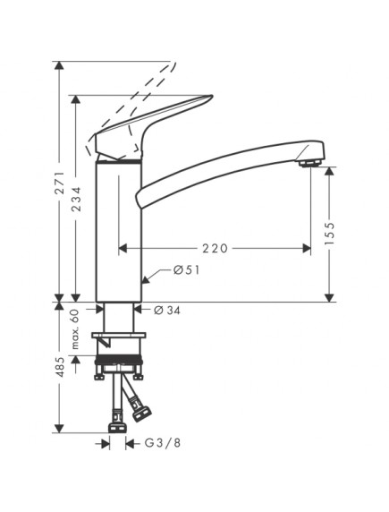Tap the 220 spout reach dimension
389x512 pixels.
click(215, 248)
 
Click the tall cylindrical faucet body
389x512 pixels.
click(118, 233)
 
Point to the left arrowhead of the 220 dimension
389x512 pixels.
click(123, 248)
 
